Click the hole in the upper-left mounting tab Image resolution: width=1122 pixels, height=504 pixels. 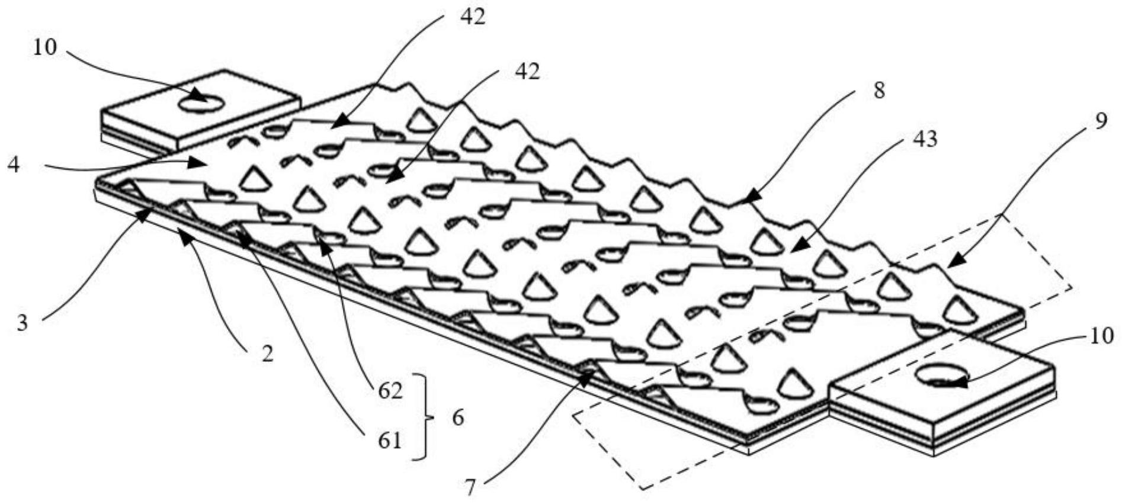point(201,104)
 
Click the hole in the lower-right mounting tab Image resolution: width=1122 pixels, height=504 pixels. point(941,375)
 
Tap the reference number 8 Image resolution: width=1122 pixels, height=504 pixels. point(879,91)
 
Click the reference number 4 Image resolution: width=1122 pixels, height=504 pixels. point(14,165)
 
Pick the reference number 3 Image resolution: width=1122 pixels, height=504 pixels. point(22,323)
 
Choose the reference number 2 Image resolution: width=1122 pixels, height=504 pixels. point(268,354)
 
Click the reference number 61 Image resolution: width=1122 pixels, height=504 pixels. point(389,441)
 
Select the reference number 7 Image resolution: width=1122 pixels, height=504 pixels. point(470,487)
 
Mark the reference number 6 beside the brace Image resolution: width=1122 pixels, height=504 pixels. point(458,418)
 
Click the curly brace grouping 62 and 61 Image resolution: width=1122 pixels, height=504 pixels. point(424,417)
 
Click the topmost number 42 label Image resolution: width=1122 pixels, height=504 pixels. point(472,17)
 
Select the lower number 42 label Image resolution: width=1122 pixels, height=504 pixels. point(527,72)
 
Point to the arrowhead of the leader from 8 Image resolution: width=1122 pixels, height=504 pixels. point(743,200)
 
